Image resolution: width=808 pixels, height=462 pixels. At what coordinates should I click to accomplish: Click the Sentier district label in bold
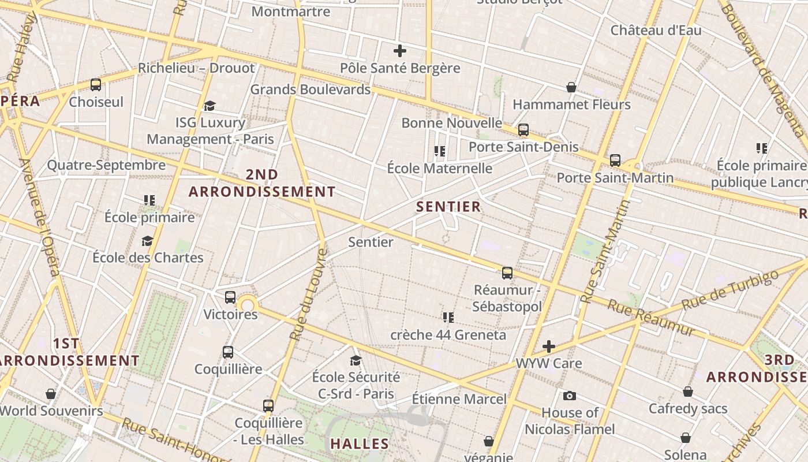click(x=448, y=207)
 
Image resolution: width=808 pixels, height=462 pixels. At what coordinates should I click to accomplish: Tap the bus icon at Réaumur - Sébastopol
click(x=507, y=273)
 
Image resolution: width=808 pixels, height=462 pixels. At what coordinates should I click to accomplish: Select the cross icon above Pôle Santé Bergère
click(x=399, y=51)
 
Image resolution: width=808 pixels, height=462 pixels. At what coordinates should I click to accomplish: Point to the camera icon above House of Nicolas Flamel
click(x=570, y=396)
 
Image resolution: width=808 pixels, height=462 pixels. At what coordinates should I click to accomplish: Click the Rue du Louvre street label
click(x=307, y=295)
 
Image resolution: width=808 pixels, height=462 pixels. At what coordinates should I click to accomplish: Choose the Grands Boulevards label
click(x=310, y=90)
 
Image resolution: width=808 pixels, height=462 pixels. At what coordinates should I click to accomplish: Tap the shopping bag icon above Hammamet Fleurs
click(x=571, y=87)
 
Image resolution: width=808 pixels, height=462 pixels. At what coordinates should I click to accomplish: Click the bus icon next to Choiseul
click(x=96, y=85)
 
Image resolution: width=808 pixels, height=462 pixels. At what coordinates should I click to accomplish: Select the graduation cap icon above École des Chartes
click(x=148, y=241)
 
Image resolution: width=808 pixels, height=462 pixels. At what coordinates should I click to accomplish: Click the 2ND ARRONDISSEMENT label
click(x=262, y=183)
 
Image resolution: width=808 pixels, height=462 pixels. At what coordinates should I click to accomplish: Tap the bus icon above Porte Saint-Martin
click(x=615, y=161)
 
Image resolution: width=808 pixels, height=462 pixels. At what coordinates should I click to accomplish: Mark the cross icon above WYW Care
click(x=549, y=346)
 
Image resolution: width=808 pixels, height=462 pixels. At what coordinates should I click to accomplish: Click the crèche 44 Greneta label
click(x=448, y=335)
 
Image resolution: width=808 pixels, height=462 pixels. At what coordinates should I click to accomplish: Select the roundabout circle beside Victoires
click(x=248, y=305)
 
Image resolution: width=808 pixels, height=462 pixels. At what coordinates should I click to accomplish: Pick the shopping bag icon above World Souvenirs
click(x=51, y=394)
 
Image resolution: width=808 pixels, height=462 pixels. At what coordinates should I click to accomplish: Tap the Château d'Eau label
click(x=656, y=30)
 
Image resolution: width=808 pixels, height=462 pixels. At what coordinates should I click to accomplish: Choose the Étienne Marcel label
click(x=459, y=399)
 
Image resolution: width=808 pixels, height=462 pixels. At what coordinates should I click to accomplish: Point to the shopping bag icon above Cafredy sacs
click(x=687, y=392)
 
